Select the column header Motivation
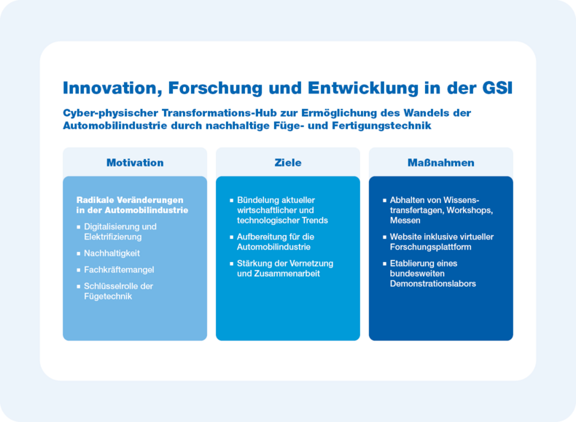(135, 163)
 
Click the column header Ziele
(288, 163)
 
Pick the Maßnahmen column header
(441, 163)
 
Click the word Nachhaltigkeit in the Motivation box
(112, 253)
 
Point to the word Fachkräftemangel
(119, 269)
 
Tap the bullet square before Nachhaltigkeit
(78, 253)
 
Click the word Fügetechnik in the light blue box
(108, 296)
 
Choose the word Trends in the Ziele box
(315, 220)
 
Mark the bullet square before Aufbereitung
(231, 237)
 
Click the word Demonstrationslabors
(433, 284)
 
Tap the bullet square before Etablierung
(385, 264)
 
